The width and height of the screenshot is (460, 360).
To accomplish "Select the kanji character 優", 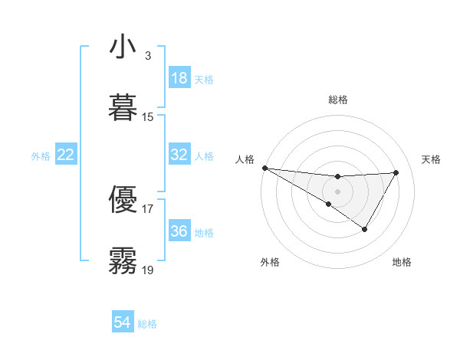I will coord(123,198).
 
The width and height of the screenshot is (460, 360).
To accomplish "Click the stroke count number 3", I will coord(148,56).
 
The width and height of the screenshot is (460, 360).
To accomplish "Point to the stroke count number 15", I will coord(148,117).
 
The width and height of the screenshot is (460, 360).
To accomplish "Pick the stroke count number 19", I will coord(148,270).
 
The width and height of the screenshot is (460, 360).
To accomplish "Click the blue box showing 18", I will coord(179,78).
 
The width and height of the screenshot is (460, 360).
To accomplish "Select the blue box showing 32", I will coord(179,155).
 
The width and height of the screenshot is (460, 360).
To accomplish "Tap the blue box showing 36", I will coord(179,231).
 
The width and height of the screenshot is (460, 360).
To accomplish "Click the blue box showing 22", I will coord(66,155).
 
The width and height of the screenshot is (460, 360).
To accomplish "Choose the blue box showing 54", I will coord(123,322).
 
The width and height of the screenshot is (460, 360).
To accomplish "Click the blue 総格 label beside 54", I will coord(147,324).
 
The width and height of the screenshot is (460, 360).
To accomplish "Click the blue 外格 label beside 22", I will coord(41,156).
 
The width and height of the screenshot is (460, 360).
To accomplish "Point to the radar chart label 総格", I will coord(337,100).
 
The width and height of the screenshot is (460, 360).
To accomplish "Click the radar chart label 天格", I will coord(431,159).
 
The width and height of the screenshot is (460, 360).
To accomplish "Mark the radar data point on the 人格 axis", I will coord(264,167).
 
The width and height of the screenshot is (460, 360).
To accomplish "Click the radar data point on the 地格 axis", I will coord(365,229).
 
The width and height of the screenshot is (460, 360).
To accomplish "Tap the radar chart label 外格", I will coord(270,263).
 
